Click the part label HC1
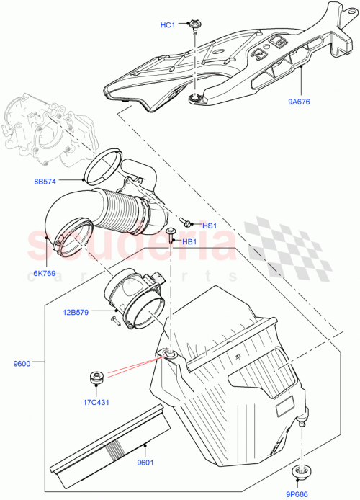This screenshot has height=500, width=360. pyautogui.click(x=168, y=25)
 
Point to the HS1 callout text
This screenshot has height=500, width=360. pyautogui.click(x=210, y=226)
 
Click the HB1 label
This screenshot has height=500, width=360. pyautogui.click(x=189, y=241)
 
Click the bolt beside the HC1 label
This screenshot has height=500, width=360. pyautogui.click(x=195, y=27)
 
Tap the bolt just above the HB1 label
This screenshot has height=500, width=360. pyautogui.click(x=171, y=232)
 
